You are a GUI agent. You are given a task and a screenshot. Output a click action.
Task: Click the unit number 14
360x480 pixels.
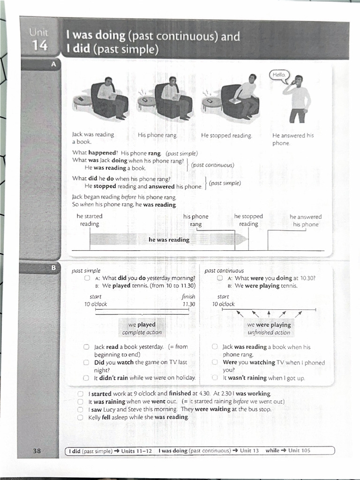(40, 46)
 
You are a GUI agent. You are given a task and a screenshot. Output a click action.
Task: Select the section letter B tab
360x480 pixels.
(53, 268)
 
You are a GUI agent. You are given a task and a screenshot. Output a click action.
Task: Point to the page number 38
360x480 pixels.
(37, 451)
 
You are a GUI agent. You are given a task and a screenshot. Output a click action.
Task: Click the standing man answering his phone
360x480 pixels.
(298, 99)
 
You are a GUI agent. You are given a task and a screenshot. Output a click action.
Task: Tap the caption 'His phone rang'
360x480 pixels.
(157, 135)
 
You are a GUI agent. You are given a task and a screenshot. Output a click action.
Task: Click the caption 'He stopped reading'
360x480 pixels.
(226, 135)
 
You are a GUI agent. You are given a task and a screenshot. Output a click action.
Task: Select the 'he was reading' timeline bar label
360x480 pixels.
(169, 240)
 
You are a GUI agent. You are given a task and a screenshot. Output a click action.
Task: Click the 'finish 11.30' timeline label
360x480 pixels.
(188, 300)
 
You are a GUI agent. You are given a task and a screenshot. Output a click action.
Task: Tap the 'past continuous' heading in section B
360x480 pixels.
(224, 270)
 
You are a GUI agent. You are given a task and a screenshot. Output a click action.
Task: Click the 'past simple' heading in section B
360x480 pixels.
(86, 270)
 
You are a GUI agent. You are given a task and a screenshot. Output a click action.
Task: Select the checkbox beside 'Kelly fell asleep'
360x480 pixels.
(81, 417)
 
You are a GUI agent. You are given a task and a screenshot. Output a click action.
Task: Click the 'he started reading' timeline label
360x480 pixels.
(90, 220)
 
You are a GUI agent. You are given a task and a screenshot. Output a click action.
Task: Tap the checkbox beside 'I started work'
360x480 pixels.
(81, 394)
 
